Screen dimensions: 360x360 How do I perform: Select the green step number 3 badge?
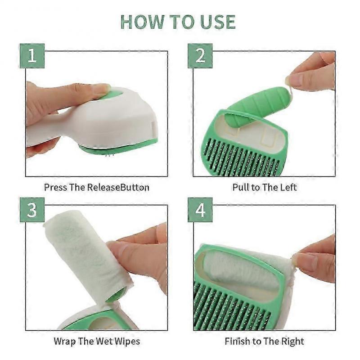[x=31, y=210]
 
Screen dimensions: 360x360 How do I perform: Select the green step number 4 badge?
[x=200, y=210]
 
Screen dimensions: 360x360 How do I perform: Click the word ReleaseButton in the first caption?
[x=121, y=187]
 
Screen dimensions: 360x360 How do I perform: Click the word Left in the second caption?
[x=288, y=187]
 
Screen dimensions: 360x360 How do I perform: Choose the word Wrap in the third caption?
[x=64, y=341]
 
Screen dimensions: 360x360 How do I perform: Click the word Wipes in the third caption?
[x=126, y=341]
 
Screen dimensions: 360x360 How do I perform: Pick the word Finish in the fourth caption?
[x=238, y=341]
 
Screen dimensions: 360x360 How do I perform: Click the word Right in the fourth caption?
[x=293, y=341]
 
